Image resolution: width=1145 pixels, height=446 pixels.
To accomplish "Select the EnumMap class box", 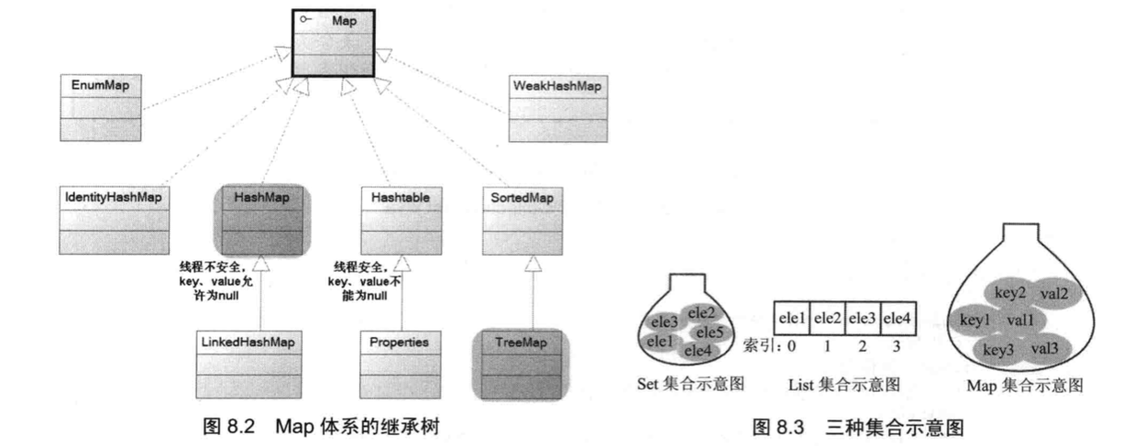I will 102,107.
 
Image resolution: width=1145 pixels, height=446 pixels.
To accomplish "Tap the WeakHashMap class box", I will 556,107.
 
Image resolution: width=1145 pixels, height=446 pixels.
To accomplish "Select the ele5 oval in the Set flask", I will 710,331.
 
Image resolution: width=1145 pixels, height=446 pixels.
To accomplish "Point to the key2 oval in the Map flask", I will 1011,294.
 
